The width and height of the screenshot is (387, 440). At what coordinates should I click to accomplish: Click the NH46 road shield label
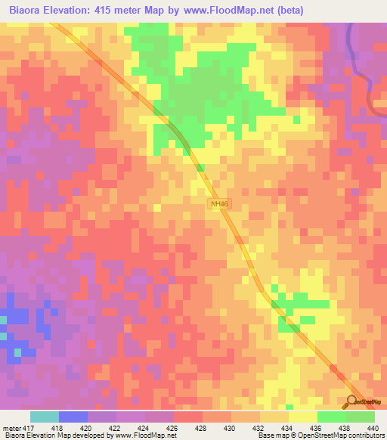pos(218,205)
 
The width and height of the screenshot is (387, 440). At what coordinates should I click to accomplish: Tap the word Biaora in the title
pos(23,10)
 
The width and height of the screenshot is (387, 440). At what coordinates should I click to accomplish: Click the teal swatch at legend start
pos(45,417)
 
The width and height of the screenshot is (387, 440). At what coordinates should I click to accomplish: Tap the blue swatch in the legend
pos(73,417)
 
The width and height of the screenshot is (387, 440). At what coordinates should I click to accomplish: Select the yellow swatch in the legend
pos(302,417)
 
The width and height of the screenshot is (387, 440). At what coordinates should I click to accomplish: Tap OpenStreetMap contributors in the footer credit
pos(340,436)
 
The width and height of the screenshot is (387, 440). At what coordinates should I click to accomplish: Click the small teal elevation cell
pos(3,333)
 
